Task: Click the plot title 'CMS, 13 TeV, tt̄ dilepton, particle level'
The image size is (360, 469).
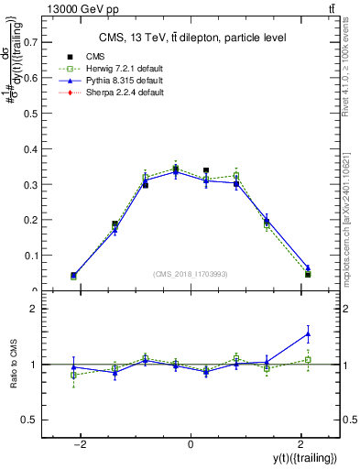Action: pyautogui.click(x=191, y=38)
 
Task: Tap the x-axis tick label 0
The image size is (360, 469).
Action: pyautogui.click(x=191, y=444)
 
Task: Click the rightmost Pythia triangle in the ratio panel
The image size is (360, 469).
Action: pyautogui.click(x=308, y=333)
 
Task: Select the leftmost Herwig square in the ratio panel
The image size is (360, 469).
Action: pyautogui.click(x=73, y=375)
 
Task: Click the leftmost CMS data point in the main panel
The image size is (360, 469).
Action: pyautogui.click(x=73, y=275)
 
